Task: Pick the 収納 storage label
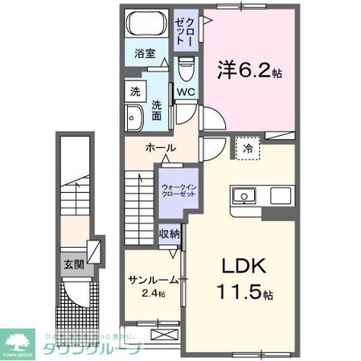tap(169, 234)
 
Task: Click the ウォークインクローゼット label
tap(177, 192)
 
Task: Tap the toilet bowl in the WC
tap(187, 70)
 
